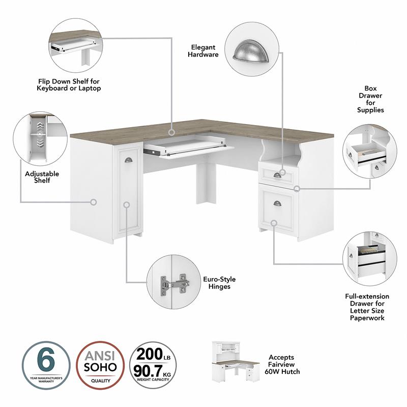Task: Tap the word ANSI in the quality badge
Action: pyautogui.click(x=97, y=355)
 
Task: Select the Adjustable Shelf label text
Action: pyautogui.click(x=42, y=177)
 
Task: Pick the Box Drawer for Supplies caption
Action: pyautogui.click(x=370, y=99)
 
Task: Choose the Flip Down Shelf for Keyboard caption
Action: pyautogui.click(x=69, y=84)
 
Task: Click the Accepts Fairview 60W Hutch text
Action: pyautogui.click(x=285, y=364)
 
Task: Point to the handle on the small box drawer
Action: pyautogui.click(x=277, y=176)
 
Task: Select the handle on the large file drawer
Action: pyautogui.click(x=277, y=203)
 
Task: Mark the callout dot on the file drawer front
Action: pyautogui.click(x=274, y=223)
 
